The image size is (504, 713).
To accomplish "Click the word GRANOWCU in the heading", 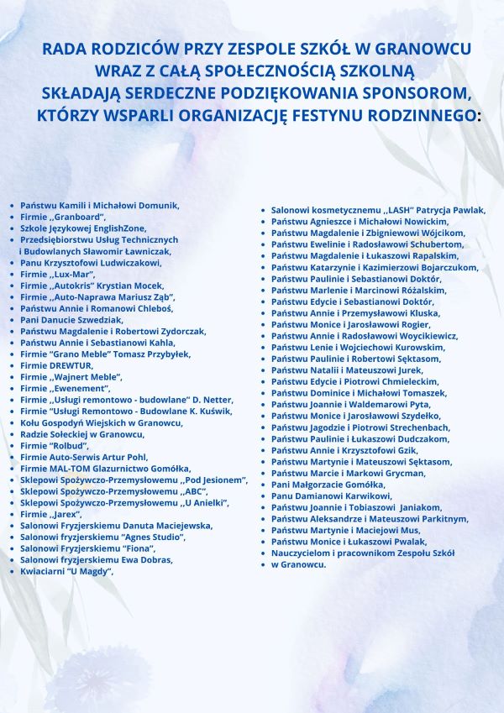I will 424,48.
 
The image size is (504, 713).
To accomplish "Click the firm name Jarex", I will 65,514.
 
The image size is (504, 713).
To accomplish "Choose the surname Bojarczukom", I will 438,267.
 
